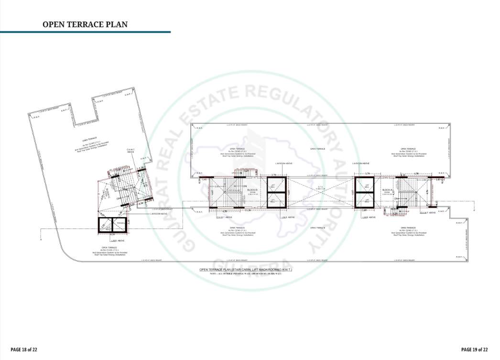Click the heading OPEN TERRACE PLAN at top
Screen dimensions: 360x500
[x=85, y=24]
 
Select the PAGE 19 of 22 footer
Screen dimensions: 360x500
[x=475, y=349]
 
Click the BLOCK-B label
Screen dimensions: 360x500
[x=252, y=190]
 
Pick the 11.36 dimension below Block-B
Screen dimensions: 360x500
[x=248, y=210]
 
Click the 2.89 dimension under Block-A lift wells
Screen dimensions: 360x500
[x=364, y=210]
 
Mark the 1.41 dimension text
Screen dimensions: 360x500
[x=205, y=179]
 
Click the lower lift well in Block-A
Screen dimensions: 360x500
[x=367, y=200]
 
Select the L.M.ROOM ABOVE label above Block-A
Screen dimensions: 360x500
[x=361, y=164]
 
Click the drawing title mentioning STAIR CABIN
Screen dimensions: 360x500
[x=245, y=270]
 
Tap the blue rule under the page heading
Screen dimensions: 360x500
[x=85, y=32]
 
